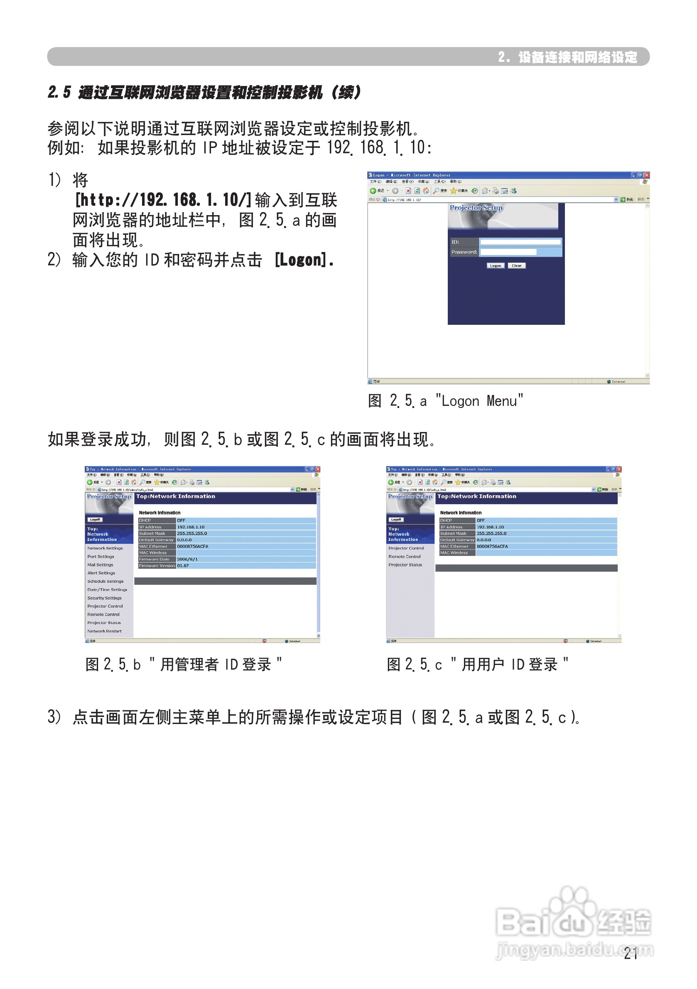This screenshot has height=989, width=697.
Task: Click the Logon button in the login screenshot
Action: (495, 265)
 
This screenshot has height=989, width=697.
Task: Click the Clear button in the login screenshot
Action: (516, 265)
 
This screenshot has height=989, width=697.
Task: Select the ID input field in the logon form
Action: (520, 242)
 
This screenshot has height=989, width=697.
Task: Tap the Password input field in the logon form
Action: (508, 252)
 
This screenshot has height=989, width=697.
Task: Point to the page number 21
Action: (630, 954)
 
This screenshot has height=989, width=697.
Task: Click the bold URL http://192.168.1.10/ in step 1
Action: (163, 200)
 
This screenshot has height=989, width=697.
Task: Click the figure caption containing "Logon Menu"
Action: (445, 400)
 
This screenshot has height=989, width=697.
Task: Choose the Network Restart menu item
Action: (104, 631)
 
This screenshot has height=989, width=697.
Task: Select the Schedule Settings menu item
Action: (105, 581)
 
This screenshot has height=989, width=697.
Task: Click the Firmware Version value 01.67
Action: (183, 566)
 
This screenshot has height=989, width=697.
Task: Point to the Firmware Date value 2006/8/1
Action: (187, 559)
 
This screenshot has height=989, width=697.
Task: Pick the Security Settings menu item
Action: (104, 598)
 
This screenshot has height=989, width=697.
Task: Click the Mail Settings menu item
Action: (100, 565)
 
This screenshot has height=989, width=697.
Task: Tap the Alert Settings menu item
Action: (101, 573)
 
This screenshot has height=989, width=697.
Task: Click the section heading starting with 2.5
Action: (204, 92)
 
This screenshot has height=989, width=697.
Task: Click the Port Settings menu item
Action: (101, 557)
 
